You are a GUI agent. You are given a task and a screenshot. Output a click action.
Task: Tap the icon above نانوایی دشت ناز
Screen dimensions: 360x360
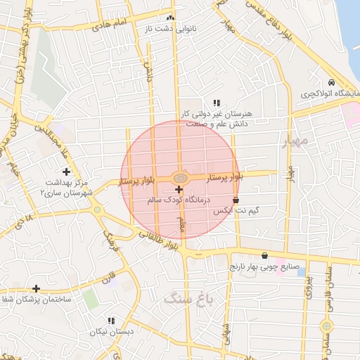(169, 18)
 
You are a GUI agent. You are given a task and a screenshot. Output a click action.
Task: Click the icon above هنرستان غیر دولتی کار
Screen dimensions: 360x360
(216, 103)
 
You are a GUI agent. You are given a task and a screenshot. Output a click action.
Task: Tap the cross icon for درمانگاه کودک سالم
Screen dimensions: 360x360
(179, 189)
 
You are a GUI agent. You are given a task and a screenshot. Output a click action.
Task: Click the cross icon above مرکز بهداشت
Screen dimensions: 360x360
(66, 172)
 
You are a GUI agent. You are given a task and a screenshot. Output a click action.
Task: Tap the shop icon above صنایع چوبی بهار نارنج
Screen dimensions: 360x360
(264, 256)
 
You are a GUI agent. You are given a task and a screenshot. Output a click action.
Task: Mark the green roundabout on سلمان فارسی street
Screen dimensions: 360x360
(326, 326)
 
